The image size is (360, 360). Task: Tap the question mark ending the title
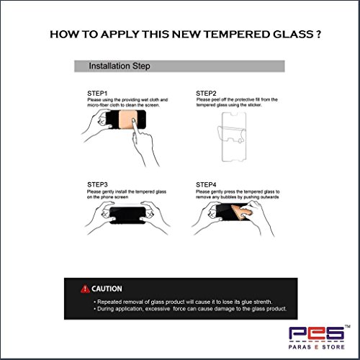point(318,35)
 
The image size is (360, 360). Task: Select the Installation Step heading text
point(120,66)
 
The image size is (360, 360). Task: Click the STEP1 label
point(97,94)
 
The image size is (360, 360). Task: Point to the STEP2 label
point(206,94)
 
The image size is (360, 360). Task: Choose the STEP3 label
point(97,184)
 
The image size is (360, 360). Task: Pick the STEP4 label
point(206,185)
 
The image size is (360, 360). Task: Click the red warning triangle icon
point(85,289)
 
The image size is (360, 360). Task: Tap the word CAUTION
point(107,289)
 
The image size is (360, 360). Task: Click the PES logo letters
point(317,333)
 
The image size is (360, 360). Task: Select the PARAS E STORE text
point(317,347)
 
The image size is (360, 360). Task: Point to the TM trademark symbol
point(348,326)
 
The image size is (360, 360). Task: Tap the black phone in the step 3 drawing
point(127,215)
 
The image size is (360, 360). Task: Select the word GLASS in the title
point(293,35)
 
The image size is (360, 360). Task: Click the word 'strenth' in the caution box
point(263,302)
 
